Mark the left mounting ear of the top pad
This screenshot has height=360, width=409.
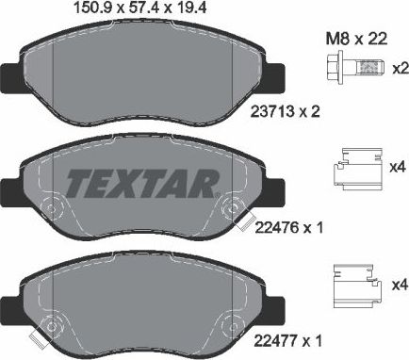click(8, 79)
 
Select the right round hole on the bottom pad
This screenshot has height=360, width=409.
click(227, 322)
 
